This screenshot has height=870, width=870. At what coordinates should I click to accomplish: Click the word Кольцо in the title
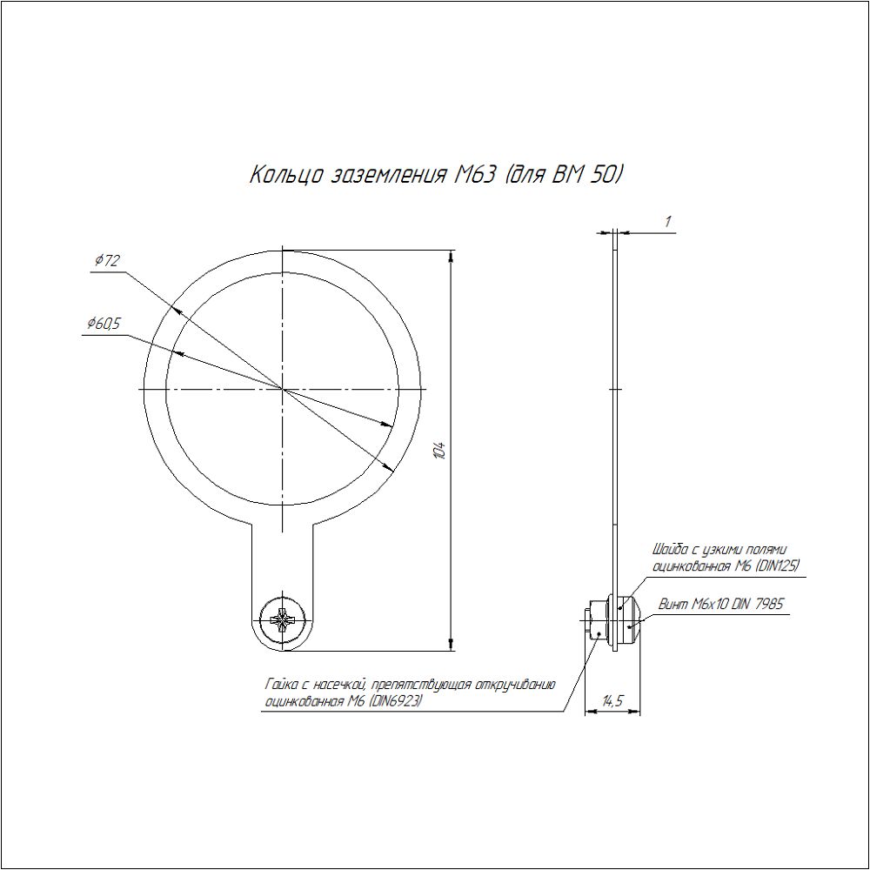coord(285,176)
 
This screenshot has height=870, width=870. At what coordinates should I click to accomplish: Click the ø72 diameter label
coord(107,260)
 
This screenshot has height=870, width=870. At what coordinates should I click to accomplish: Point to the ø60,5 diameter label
coord(104,324)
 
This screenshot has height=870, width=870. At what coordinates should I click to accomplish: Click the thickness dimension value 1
coord(668,221)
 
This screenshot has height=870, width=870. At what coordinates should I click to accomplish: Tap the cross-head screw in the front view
coord(283,620)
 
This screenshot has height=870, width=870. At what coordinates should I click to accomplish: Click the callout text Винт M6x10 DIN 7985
coord(720,604)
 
